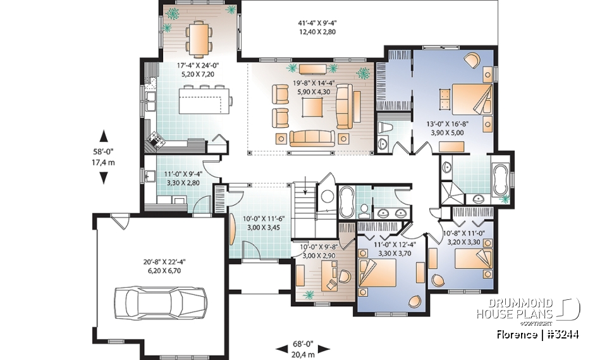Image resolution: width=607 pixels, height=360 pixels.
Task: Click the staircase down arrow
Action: [306, 188]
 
